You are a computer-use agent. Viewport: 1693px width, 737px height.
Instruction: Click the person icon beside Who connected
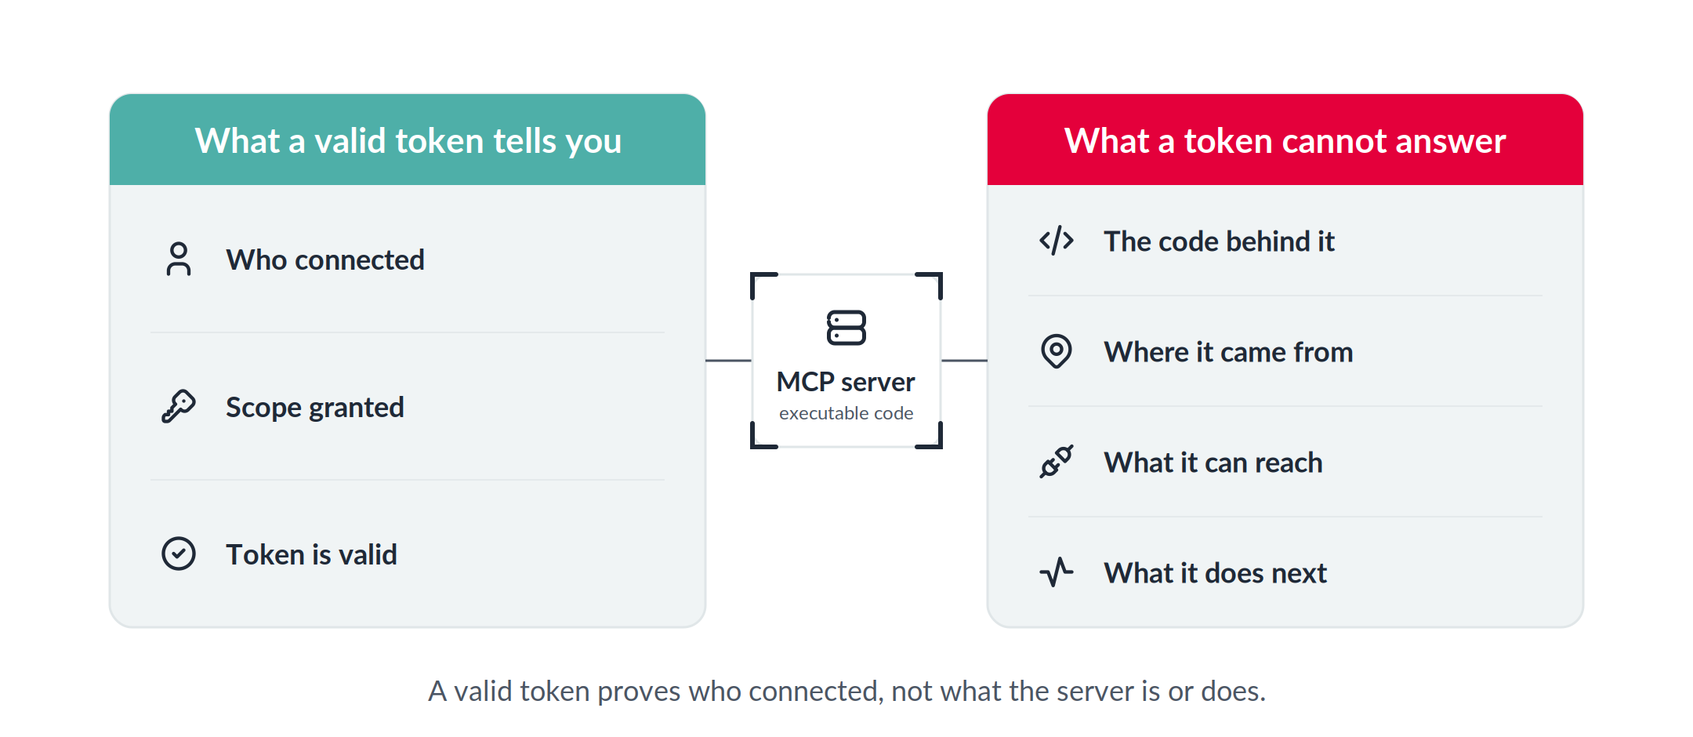179,259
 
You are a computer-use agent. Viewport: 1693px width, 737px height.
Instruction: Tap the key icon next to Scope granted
179,406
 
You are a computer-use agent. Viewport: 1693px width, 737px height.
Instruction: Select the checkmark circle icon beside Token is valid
179,554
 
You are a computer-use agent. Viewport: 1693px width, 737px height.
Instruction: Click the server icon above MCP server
846,328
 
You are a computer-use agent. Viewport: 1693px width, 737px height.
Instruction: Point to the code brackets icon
1057,241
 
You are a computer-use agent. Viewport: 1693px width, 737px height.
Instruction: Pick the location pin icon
1057,351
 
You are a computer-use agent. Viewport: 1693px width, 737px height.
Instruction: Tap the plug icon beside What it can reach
1057,462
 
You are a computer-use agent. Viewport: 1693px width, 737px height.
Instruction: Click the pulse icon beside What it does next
1057,572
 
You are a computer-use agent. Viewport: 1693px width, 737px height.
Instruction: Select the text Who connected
325,260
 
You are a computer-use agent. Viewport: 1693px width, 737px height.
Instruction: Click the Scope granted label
315,408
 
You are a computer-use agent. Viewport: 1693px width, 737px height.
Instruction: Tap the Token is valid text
311,554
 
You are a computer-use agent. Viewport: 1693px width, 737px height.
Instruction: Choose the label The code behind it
1219,241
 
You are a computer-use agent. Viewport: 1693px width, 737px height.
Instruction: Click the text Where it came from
1228,352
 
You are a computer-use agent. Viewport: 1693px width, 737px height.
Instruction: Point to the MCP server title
846,382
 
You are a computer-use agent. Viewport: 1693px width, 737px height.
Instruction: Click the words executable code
846,413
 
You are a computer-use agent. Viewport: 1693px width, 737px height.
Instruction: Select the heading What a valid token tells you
408,141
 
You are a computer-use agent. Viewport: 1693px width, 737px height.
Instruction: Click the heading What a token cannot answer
1285,141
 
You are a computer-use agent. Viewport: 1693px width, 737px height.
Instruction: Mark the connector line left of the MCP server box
728,361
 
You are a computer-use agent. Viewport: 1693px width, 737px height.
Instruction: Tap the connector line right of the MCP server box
964,361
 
